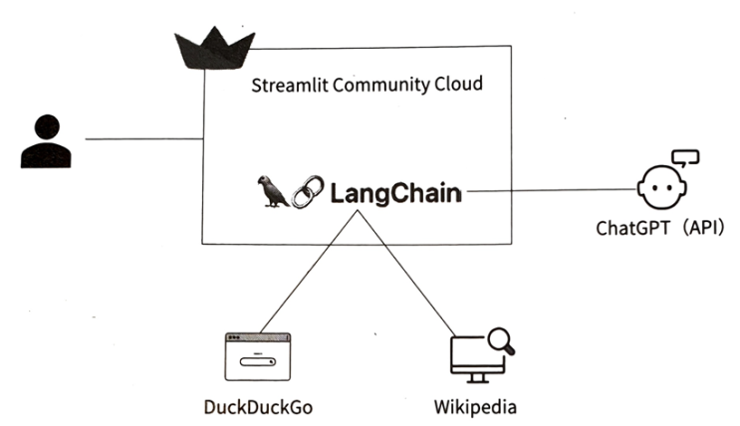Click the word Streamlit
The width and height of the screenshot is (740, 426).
287,84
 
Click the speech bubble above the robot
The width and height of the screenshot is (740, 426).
686,156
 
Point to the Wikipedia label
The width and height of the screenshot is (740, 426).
475,408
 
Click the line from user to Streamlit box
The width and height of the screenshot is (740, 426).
143,139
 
